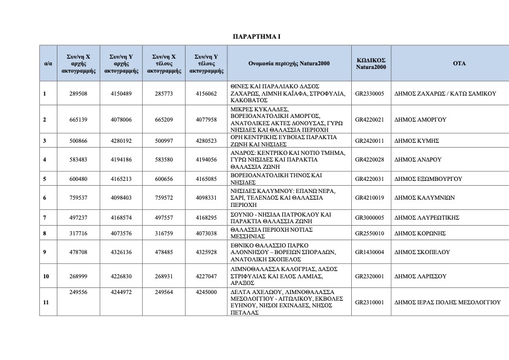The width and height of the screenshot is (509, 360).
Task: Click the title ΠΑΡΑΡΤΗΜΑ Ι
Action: [256, 37]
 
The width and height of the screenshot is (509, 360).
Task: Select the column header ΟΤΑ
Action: [450, 63]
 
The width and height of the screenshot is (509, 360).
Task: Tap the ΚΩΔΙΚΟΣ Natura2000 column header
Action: [371, 63]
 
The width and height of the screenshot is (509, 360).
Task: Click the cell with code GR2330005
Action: [371, 94]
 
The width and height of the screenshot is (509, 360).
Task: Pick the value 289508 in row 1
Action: [79, 94]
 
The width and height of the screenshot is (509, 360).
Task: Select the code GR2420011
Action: [371, 140]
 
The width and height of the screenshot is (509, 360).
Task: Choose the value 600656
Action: [164, 179]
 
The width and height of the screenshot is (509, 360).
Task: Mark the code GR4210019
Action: [371, 197]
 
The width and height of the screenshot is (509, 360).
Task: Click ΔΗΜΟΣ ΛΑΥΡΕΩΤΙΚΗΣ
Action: [427, 217]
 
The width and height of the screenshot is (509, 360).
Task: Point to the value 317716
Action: [79, 232]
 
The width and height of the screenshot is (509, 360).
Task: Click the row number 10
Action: [46, 276]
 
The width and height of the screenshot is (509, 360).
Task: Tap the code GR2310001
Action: [371, 301]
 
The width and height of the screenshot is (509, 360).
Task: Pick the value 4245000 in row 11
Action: [207, 292]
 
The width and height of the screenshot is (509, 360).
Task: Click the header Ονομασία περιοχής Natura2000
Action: [289, 63]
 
